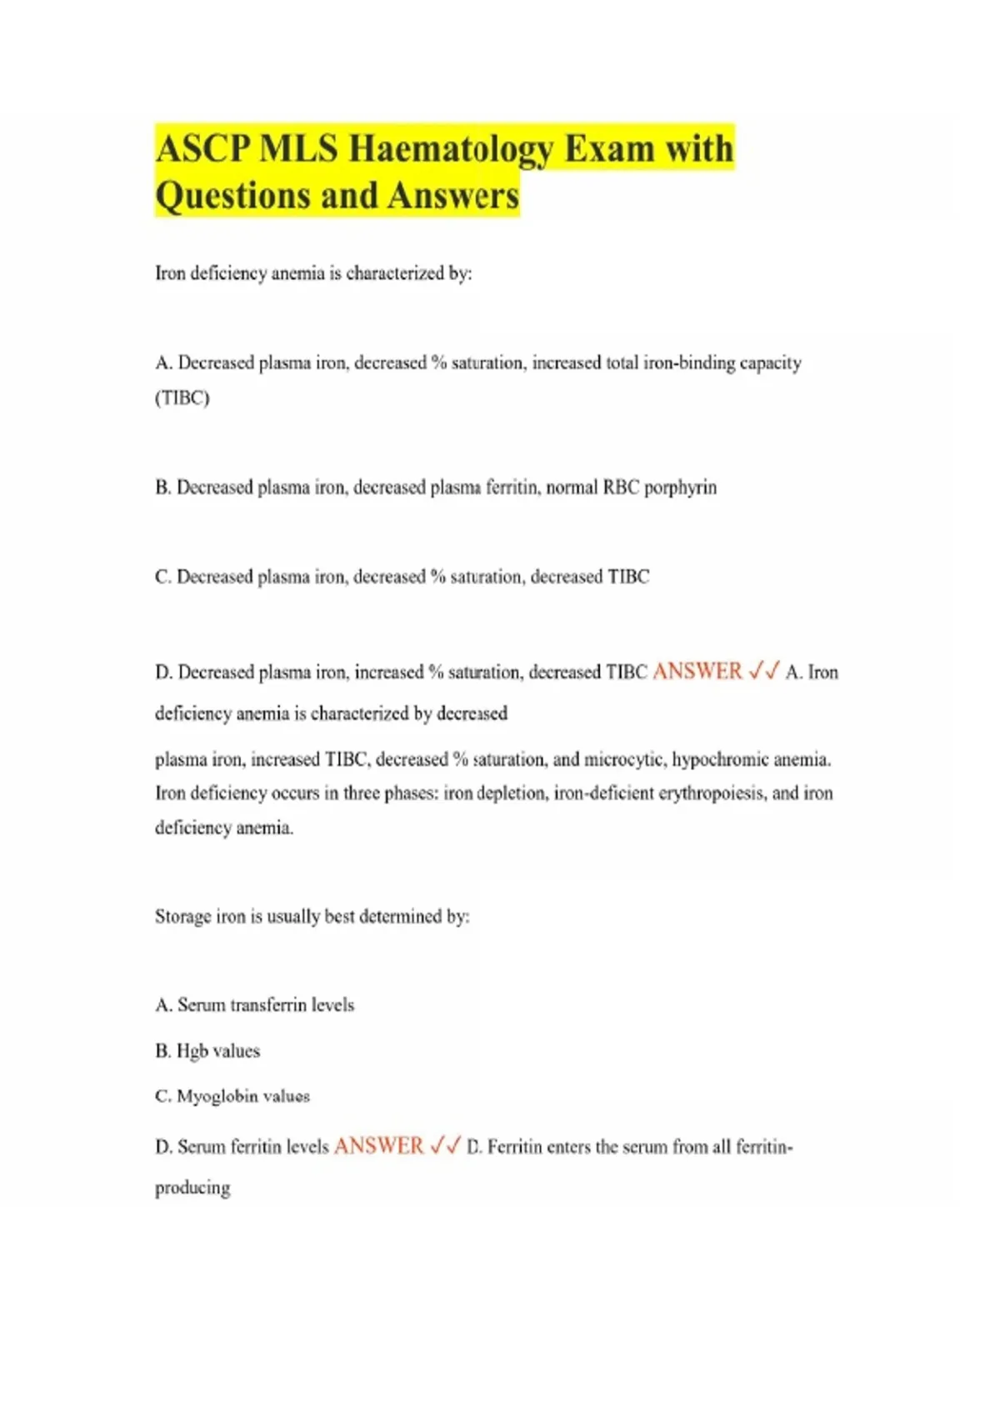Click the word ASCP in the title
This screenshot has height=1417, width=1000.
click(202, 149)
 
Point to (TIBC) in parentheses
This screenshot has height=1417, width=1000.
click(182, 398)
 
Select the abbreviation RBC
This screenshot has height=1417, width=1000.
click(621, 488)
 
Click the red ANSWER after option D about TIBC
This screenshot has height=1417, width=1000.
click(697, 672)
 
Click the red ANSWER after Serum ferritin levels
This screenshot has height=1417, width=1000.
click(378, 1147)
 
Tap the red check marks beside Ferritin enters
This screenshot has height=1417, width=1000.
click(445, 1147)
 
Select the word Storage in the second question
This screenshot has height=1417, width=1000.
click(182, 917)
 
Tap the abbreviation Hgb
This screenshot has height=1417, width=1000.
click(190, 1051)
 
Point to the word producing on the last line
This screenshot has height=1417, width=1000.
click(192, 1188)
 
